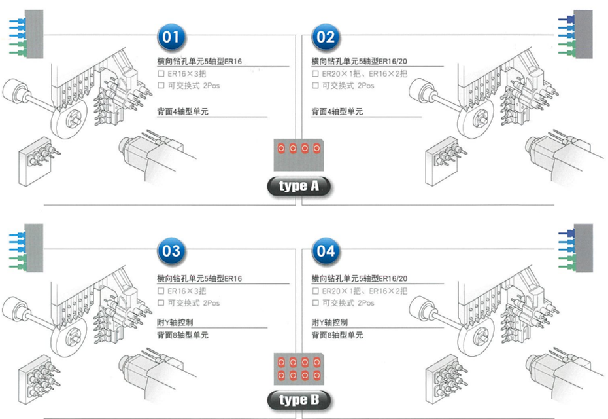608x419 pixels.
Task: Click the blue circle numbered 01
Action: (x=171, y=37)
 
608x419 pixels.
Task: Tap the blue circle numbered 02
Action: (x=325, y=37)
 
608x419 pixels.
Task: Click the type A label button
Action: (x=299, y=186)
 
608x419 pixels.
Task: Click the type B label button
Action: (x=299, y=399)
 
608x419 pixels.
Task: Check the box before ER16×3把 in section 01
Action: (x=161, y=74)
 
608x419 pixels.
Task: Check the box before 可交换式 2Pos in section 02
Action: (x=315, y=86)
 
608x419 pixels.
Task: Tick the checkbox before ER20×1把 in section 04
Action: (x=315, y=291)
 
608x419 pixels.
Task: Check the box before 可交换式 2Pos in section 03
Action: (x=161, y=303)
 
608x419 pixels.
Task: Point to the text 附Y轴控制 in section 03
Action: (x=175, y=323)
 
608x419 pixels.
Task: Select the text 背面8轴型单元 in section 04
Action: (x=337, y=335)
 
